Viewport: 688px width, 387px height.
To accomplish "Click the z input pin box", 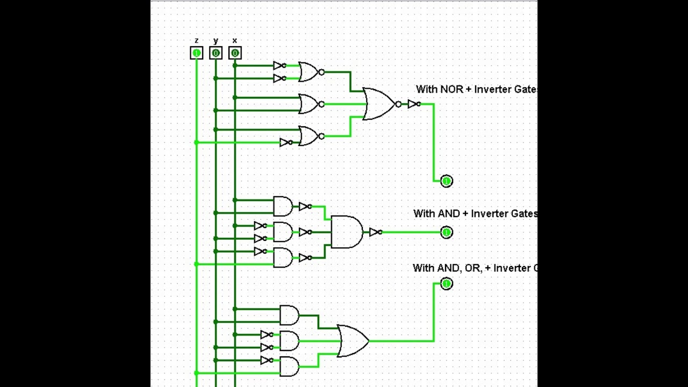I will [x=197, y=53].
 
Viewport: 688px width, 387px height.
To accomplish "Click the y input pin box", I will [x=216, y=53].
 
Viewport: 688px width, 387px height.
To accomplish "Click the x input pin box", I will [x=235, y=53].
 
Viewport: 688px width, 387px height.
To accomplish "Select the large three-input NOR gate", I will [x=379, y=104].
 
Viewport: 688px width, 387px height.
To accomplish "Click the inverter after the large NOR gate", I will [x=413, y=104].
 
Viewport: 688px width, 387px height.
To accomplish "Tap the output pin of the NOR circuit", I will [x=446, y=181].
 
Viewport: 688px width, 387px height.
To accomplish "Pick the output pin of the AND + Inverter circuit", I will [x=446, y=232].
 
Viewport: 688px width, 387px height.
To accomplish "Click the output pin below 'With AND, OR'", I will [x=446, y=283].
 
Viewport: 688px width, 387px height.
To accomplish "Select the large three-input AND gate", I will [x=346, y=232].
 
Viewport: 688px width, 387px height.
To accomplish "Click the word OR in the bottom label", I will [x=472, y=268].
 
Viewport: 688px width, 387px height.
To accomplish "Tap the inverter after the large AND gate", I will [x=375, y=232].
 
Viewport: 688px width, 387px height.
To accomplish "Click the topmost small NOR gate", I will [x=309, y=71].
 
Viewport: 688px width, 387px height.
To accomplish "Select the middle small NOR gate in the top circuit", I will [x=309, y=104].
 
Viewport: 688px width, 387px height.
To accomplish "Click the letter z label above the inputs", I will [x=197, y=41].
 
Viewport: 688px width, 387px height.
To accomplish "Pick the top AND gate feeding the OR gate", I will [x=289, y=315].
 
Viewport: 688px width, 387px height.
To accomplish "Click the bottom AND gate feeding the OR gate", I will [x=289, y=367].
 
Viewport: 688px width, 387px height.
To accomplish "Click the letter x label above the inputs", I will [x=235, y=41].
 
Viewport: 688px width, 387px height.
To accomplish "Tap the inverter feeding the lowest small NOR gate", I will [x=286, y=142].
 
